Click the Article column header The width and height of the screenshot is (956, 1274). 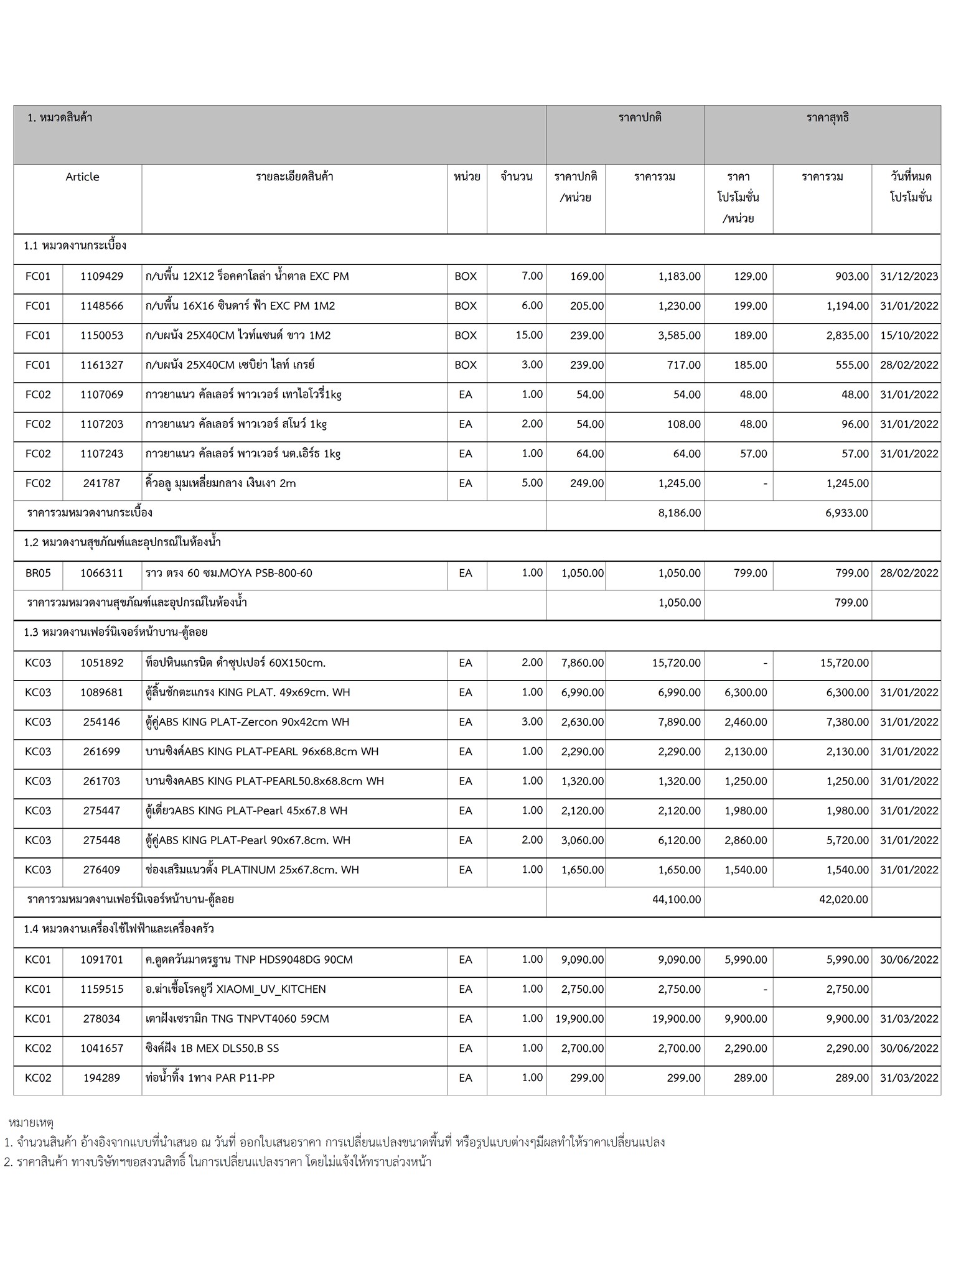[x=82, y=177]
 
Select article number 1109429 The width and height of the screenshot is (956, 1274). [x=102, y=277]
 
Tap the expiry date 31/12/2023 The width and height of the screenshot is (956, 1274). [x=909, y=277]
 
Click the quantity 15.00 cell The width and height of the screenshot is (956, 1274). [x=529, y=335]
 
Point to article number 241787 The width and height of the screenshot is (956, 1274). [x=102, y=483]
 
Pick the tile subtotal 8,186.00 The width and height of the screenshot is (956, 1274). [x=679, y=513]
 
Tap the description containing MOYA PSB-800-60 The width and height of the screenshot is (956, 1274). [x=229, y=573]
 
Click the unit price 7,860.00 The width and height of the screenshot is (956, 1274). [x=583, y=663]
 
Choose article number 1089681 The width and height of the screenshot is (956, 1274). [x=102, y=692]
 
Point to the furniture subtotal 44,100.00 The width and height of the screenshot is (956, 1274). [x=677, y=900]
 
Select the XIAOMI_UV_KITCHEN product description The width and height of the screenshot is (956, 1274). [x=235, y=989]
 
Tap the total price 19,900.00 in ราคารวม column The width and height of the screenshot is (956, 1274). [x=677, y=1019]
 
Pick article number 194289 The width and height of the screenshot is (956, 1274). [x=102, y=1078]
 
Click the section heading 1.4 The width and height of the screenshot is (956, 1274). [x=119, y=929]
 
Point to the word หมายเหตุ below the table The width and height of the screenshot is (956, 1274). [x=31, y=1123]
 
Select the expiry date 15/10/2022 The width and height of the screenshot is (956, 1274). [x=909, y=335]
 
